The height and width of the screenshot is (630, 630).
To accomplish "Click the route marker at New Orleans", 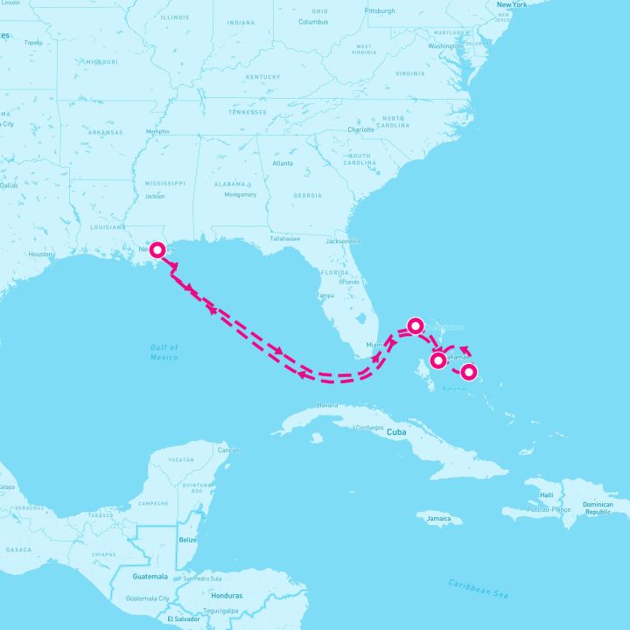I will click(157, 248).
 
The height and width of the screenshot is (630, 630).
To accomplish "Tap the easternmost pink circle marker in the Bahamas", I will click(469, 372).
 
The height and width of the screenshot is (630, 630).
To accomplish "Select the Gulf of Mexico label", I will click(164, 353).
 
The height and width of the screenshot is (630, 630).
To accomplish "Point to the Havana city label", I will click(327, 405).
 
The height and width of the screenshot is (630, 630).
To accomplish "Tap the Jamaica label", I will click(438, 519).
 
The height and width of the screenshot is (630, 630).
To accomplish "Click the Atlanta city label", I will click(283, 164).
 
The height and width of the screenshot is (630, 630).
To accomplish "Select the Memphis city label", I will click(157, 132).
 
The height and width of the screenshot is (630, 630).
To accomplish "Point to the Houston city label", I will click(40, 254).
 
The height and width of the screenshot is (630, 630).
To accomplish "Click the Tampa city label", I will click(325, 295).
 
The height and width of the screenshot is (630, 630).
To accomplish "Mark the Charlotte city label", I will click(360, 129).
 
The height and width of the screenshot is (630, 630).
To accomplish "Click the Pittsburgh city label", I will click(381, 11).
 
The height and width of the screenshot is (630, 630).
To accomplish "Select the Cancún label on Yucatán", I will click(227, 450).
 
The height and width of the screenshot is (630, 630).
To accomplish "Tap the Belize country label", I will click(187, 541).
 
